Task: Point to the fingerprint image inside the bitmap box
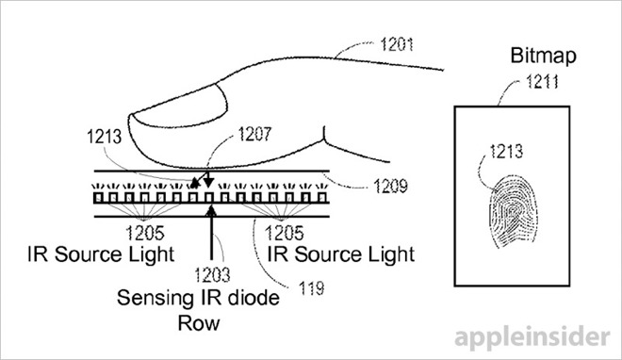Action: click(x=510, y=206)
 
